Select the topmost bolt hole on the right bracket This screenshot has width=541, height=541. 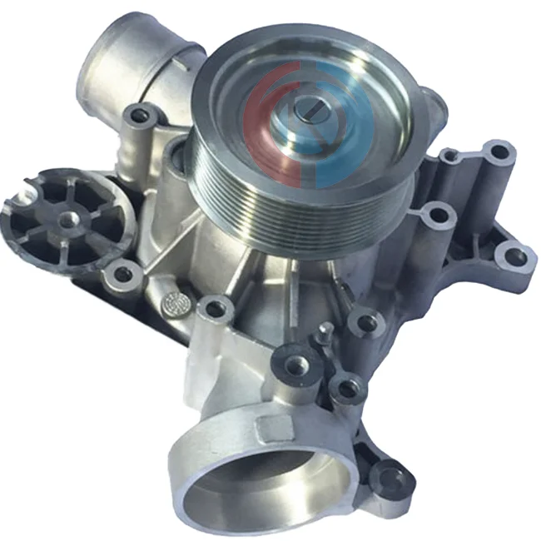pyautogui.click(x=499, y=152)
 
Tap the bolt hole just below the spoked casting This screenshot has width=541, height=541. pyautogui.click(x=124, y=273)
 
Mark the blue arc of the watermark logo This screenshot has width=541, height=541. pyautogui.click(x=354, y=141)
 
